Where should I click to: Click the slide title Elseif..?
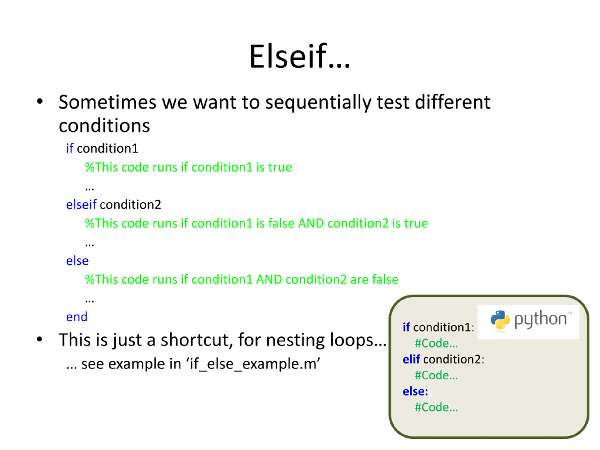coord(300,56)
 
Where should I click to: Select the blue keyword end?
coord(77,317)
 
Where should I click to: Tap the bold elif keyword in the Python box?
coord(411,359)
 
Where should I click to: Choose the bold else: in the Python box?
coord(415,391)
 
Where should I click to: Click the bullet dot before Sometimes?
coord(40,102)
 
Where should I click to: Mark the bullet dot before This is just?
coord(40,339)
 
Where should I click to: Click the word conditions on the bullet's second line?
coord(104,126)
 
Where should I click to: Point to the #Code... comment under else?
coord(436,407)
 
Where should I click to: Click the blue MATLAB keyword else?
coord(77,260)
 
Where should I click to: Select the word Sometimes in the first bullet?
coord(107,102)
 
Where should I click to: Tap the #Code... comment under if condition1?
coord(436,343)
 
